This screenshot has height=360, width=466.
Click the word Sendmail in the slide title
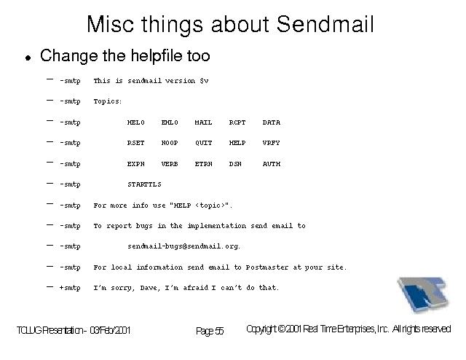point(325,24)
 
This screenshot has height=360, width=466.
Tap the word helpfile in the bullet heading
point(156,56)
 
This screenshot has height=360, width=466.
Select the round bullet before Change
point(28,58)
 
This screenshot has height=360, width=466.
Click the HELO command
point(136,122)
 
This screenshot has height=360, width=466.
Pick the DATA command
point(272,122)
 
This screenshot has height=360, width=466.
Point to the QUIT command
point(204,143)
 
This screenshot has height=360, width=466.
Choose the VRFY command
point(271,143)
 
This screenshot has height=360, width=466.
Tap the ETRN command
point(204,164)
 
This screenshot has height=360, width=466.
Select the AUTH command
point(272,164)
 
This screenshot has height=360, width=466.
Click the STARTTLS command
point(144,184)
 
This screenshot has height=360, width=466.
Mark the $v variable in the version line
point(204,81)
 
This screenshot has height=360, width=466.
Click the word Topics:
point(108,101)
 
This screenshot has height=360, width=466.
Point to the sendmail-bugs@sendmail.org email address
point(183,246)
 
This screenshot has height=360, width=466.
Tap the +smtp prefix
point(70,288)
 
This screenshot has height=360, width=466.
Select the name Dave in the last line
point(148,288)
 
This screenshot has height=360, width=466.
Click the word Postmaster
point(267,267)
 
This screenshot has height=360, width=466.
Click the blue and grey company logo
point(423,294)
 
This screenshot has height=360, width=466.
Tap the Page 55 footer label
point(210,331)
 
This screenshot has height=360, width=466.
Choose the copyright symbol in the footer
point(282,329)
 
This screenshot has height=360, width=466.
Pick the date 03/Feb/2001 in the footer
point(110,330)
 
